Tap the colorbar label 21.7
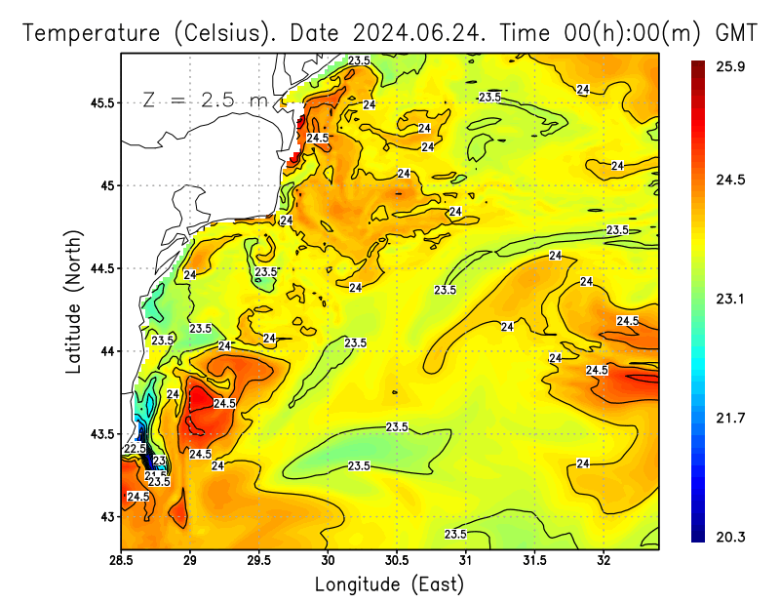731,418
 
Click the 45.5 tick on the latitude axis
98,102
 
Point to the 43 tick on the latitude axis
105,516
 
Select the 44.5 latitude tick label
98,268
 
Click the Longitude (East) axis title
389,585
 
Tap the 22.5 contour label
136,449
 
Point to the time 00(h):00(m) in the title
599,32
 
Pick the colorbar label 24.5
731,180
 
